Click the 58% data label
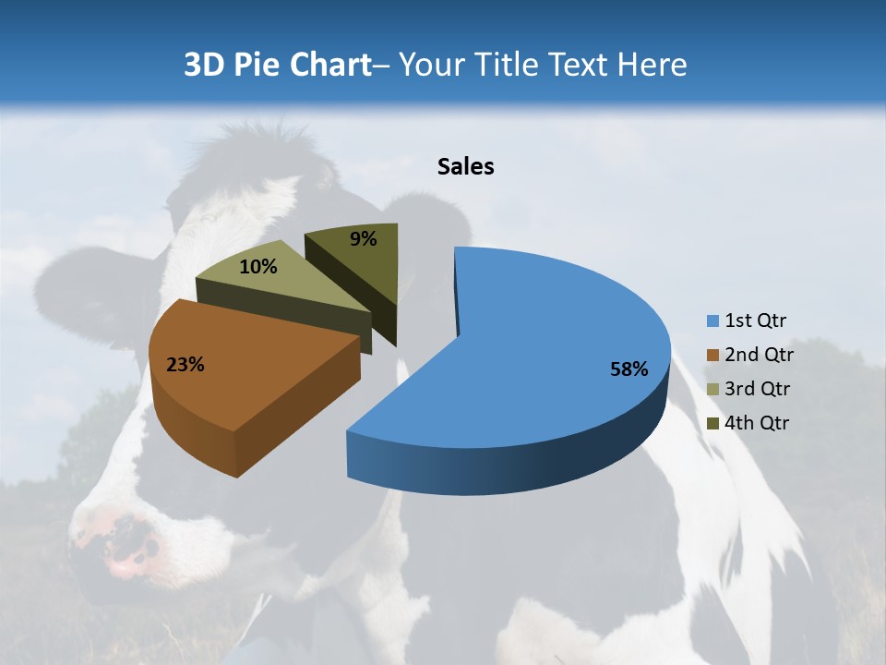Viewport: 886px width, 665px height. [x=629, y=369]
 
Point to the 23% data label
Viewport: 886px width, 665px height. [x=185, y=365]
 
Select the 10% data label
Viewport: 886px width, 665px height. [x=258, y=267]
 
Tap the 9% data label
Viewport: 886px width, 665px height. [x=364, y=239]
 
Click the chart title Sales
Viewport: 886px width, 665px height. [x=465, y=166]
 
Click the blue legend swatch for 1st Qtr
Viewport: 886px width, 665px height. [x=712, y=321]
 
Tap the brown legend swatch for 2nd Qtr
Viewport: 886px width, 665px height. [x=712, y=356]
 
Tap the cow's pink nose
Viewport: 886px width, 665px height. [x=129, y=550]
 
